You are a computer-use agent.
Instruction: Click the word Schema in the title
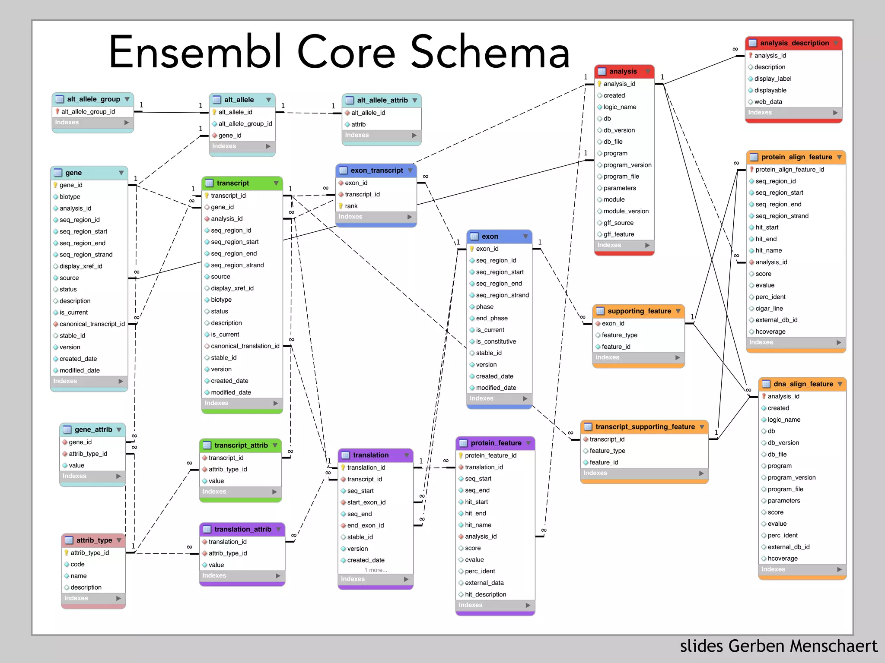click(x=490, y=52)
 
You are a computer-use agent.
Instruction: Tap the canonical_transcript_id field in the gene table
click(x=92, y=324)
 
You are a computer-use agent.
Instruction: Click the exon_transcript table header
click(x=376, y=170)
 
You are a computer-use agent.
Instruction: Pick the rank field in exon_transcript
click(x=351, y=206)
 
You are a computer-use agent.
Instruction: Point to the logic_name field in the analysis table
click(x=620, y=107)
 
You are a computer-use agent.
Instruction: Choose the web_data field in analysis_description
click(x=768, y=102)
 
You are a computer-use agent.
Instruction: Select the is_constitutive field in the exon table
click(x=496, y=341)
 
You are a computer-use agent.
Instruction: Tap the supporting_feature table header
click(x=639, y=311)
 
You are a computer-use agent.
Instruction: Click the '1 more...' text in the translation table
click(x=376, y=570)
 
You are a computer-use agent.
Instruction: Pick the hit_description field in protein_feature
click(x=485, y=594)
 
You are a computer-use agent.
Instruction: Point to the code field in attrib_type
click(x=77, y=564)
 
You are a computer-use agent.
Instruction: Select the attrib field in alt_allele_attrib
click(x=358, y=124)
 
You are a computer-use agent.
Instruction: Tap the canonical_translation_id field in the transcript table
click(x=245, y=346)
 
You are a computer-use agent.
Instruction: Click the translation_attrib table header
click(x=242, y=529)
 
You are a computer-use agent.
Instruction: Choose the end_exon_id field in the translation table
click(x=365, y=525)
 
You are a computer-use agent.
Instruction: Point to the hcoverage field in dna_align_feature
click(x=782, y=559)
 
